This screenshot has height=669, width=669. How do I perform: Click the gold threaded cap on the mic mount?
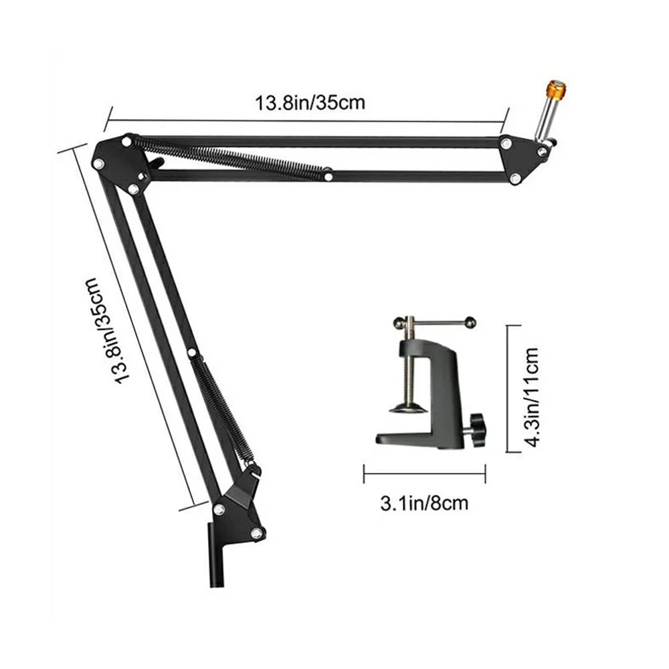click(556, 88)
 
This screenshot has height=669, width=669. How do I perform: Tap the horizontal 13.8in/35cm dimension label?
click(310, 103)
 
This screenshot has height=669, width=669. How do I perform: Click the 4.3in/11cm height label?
click(532, 397)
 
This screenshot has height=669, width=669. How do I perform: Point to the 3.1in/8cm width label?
click(424, 503)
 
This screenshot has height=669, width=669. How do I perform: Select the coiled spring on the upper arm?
click(230, 157)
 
